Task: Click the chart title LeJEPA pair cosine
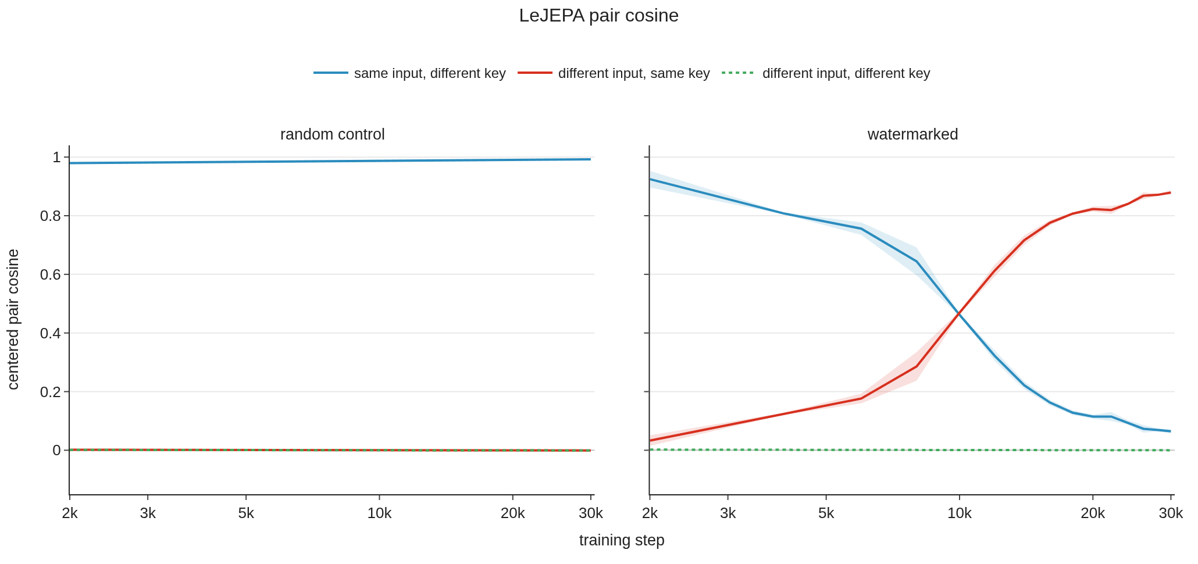(x=598, y=16)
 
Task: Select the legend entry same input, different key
(x=409, y=73)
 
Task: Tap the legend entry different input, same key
(x=614, y=73)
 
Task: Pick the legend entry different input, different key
(x=826, y=73)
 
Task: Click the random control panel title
(x=332, y=134)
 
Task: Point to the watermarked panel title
(x=912, y=134)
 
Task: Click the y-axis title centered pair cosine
(x=13, y=319)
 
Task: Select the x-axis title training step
(x=622, y=540)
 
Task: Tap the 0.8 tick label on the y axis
(x=50, y=216)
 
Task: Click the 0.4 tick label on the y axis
(x=50, y=333)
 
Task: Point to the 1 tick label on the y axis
(x=56, y=157)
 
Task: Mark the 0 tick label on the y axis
(x=56, y=450)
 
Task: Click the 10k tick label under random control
(x=379, y=513)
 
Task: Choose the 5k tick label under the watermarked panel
(x=826, y=513)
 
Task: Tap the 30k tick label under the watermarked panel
(x=1171, y=513)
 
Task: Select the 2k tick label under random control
(x=70, y=513)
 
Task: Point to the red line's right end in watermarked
(x=1170, y=192)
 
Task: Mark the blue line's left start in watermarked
(x=650, y=179)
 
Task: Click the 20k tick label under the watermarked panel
(x=1093, y=513)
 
